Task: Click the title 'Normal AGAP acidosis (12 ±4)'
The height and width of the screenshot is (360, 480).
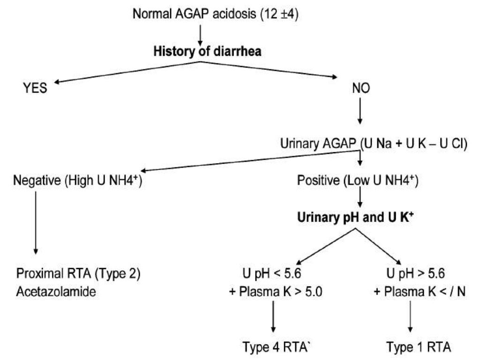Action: pos(216,14)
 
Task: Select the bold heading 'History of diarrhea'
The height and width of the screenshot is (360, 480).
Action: pos(207,52)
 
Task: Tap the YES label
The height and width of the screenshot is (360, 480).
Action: pos(35,88)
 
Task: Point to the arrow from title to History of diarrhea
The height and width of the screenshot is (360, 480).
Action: pos(201,32)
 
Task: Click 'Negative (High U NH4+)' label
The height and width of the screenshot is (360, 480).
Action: pos(78,180)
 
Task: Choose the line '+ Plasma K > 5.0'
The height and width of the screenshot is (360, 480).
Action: pos(272,292)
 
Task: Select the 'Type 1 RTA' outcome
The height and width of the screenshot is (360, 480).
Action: pos(419,347)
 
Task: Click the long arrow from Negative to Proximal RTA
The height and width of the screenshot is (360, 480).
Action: pos(35,225)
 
